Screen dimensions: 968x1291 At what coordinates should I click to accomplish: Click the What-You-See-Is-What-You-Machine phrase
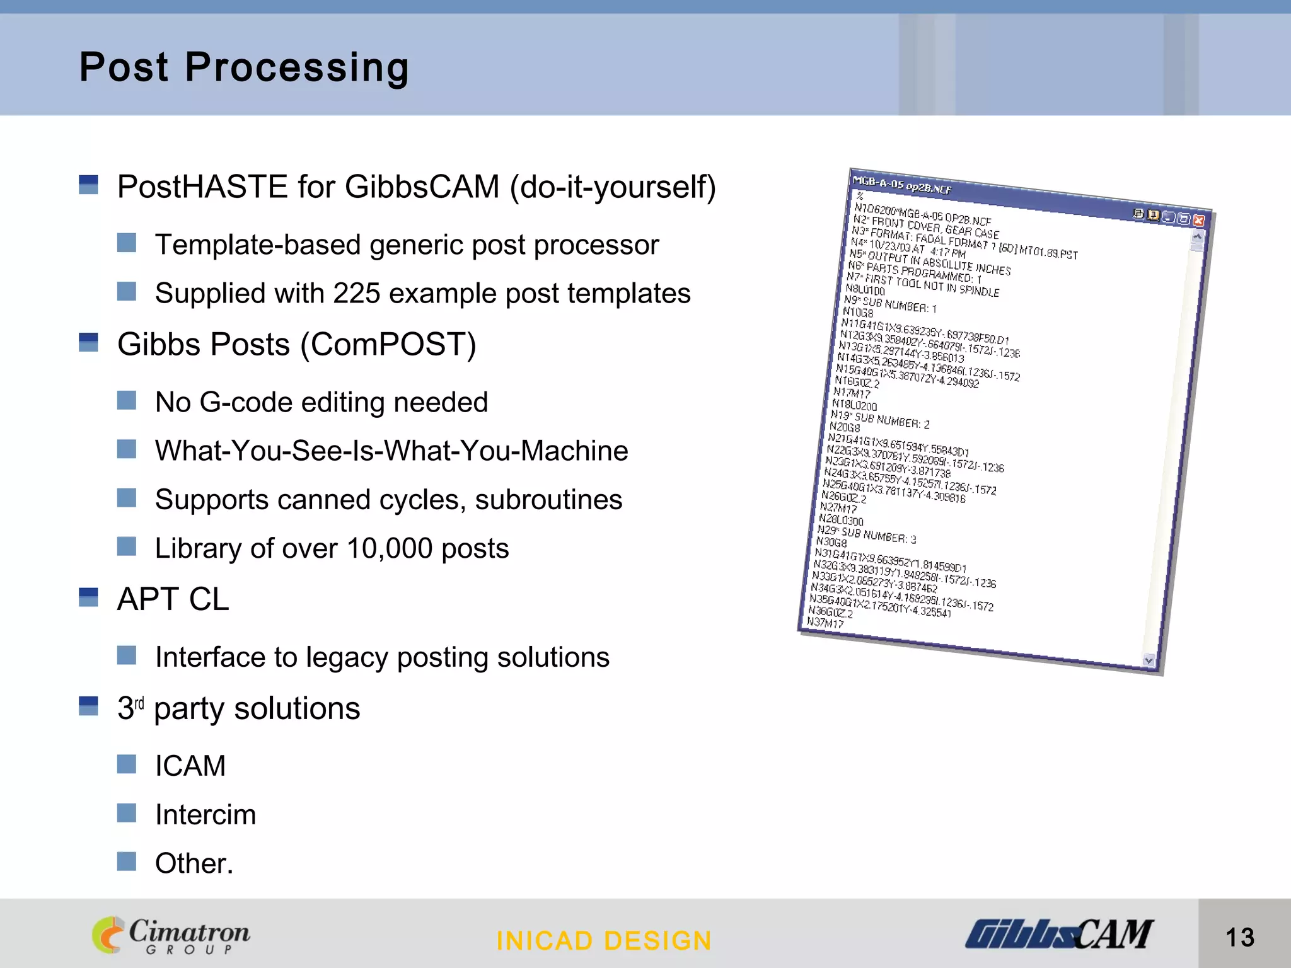click(x=391, y=451)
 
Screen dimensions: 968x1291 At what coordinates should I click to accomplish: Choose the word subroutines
click(x=548, y=500)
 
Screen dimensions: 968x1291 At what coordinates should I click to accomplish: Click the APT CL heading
click(x=173, y=599)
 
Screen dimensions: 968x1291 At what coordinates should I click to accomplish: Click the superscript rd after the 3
click(x=139, y=703)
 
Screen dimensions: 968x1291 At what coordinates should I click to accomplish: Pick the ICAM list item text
click(x=190, y=766)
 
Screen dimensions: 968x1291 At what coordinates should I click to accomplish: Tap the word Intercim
click(x=206, y=815)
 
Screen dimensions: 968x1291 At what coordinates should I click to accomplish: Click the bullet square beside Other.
click(x=127, y=861)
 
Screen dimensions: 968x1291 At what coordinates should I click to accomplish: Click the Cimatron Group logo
click(x=171, y=935)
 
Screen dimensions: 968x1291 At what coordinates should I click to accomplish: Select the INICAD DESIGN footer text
click(x=604, y=941)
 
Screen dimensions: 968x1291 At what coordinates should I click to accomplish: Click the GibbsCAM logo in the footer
click(x=1059, y=934)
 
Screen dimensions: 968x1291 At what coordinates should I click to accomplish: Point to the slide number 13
click(x=1240, y=937)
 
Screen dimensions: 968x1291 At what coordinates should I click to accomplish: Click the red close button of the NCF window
click(x=1199, y=221)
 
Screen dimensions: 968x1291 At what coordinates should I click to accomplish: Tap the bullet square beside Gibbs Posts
click(x=88, y=342)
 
